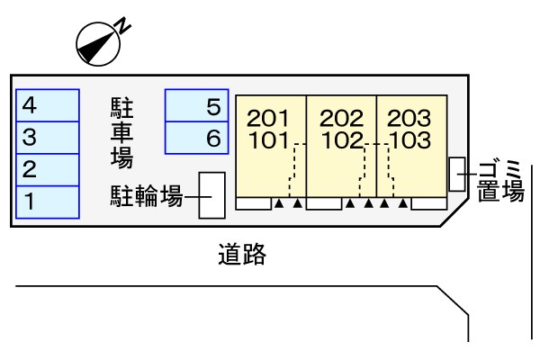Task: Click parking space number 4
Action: point(48,105)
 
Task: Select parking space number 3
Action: point(48,138)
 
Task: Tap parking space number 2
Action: point(48,170)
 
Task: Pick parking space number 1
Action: point(48,202)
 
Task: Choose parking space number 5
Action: point(196,105)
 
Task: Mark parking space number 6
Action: point(196,138)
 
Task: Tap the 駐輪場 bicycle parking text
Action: point(147,196)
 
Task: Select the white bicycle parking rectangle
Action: point(212,195)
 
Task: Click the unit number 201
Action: point(268,118)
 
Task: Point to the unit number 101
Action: point(268,140)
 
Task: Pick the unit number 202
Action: point(341,118)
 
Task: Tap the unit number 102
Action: point(342,140)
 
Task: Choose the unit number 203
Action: point(409,118)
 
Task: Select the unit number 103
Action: point(410,140)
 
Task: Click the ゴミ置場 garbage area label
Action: point(501,181)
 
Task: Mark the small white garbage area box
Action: point(457,175)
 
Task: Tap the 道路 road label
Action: point(242,254)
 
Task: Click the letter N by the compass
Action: point(123,26)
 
